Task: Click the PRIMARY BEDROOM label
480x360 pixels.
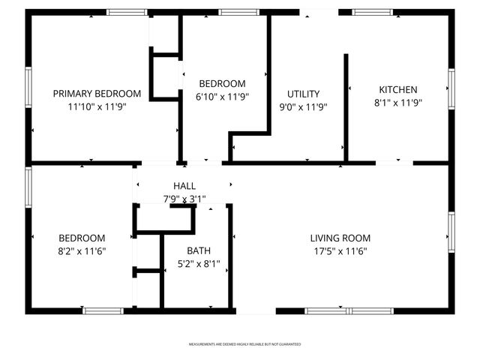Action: (97, 94)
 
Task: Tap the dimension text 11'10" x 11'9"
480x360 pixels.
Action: (97, 106)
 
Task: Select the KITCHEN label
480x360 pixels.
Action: (397, 90)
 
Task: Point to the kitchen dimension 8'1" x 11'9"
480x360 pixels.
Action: (398, 103)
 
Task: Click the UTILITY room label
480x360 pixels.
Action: (304, 94)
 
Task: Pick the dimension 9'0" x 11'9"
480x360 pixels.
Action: (304, 106)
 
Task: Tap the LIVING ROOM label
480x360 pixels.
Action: (340, 238)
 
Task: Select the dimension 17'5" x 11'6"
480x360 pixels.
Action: (340, 251)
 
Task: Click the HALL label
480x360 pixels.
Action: (184, 186)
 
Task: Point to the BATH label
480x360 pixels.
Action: (199, 251)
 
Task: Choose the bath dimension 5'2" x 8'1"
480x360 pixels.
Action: (199, 264)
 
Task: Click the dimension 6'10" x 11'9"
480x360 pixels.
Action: (222, 96)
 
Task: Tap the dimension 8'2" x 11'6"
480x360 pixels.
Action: (82, 251)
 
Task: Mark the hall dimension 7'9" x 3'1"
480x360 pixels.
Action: (184, 199)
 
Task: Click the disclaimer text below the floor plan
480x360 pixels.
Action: (244, 344)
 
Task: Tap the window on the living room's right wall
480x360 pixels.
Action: (451, 232)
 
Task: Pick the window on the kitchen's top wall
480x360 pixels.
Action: (373, 12)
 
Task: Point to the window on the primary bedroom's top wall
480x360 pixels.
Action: (126, 12)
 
